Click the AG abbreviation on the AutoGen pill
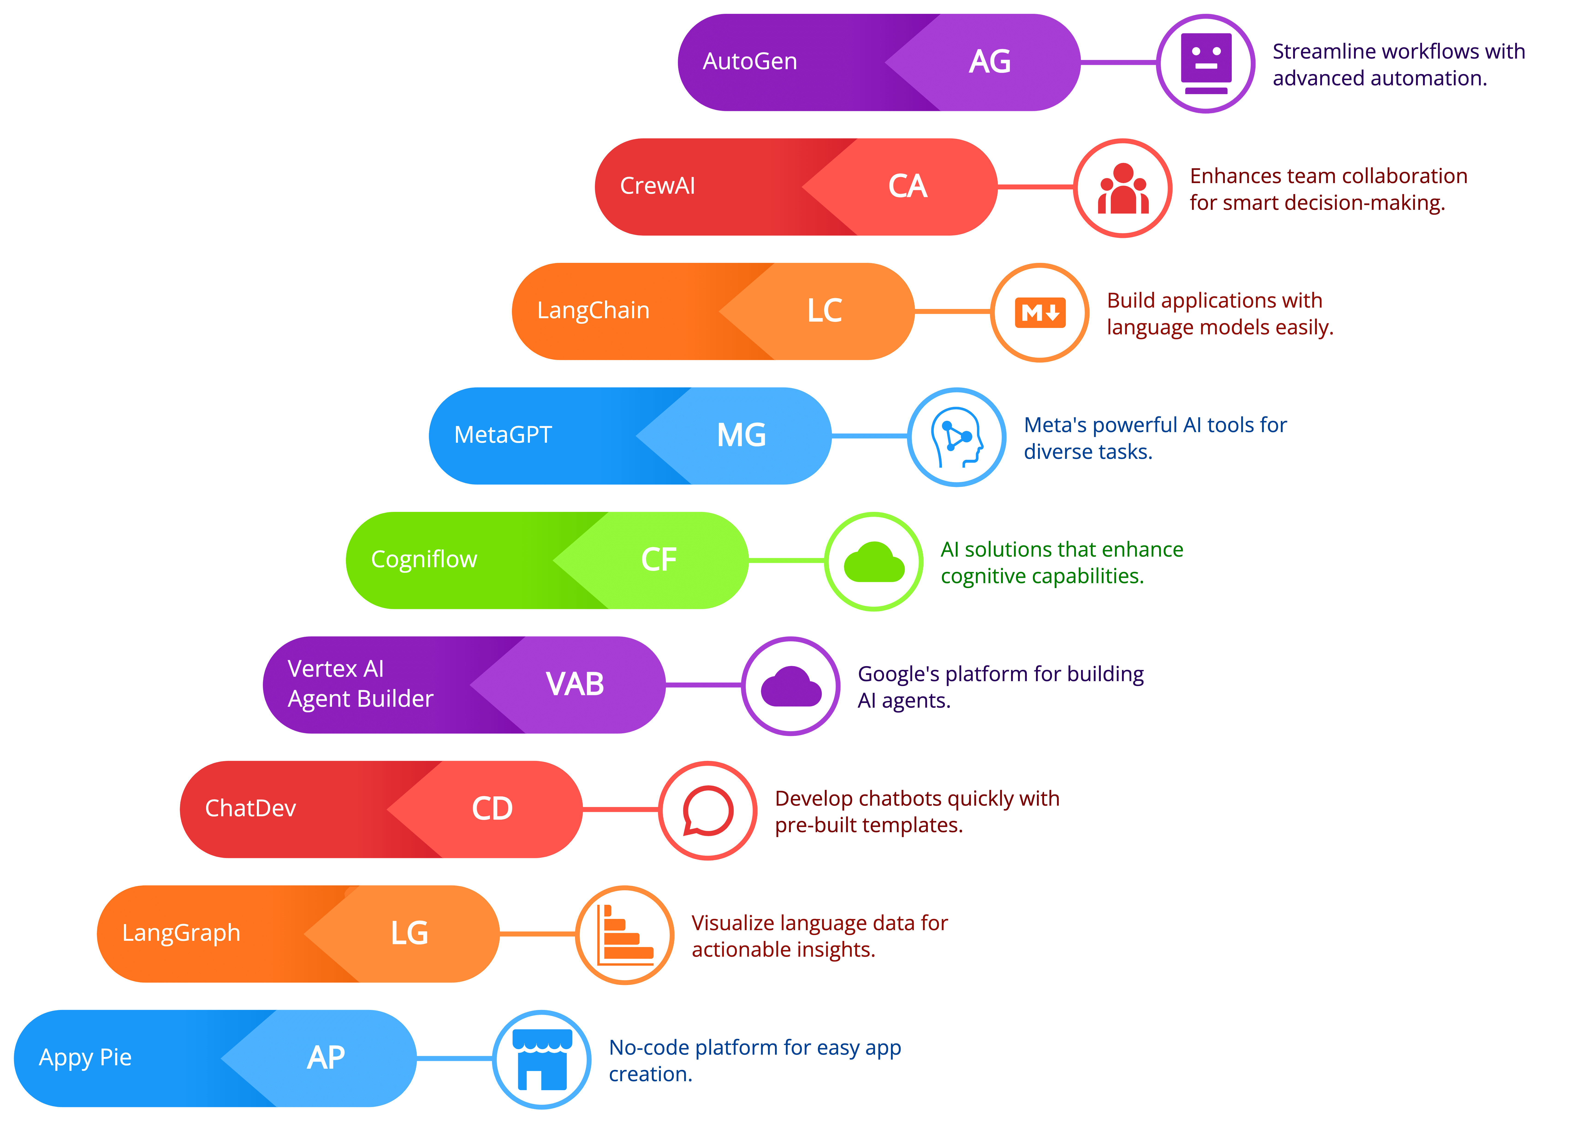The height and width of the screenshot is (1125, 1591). point(989,62)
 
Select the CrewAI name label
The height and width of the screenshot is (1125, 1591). point(657,186)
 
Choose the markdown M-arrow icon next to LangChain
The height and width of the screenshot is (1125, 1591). point(1040,312)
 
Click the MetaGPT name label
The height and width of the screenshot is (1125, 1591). point(503,435)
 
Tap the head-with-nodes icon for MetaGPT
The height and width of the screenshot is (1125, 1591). point(957,437)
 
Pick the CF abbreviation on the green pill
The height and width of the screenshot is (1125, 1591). point(658,560)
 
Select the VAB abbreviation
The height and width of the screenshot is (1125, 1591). point(575,684)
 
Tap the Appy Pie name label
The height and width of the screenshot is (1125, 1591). point(85,1058)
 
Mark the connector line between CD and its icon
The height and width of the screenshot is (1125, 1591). point(620,809)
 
